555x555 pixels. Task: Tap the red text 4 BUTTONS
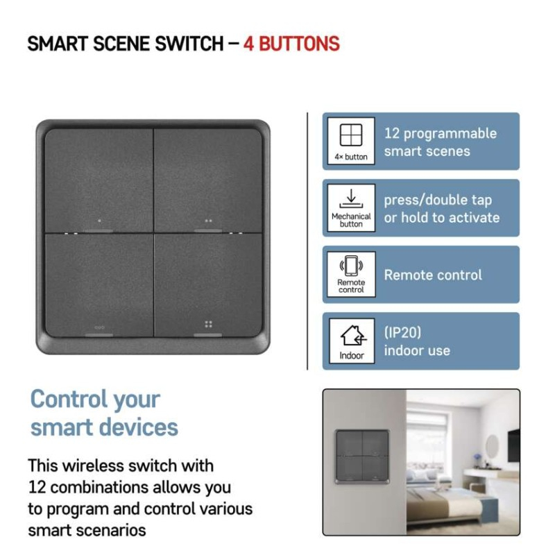tap(291, 44)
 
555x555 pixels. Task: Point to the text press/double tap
tap(438, 200)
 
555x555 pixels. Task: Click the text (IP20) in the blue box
tap(402, 332)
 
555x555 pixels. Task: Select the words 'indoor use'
tap(417, 350)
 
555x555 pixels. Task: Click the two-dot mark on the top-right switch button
tap(208, 221)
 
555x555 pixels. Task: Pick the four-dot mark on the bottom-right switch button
tap(208, 324)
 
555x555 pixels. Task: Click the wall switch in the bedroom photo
tap(361, 456)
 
